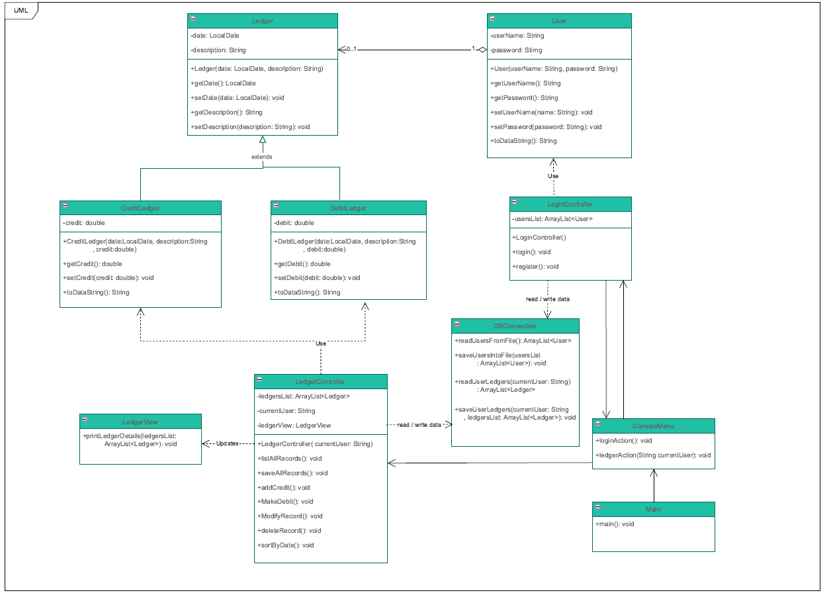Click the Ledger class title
coord(263,21)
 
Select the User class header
coord(559,21)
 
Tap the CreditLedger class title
coord(140,208)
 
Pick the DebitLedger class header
coord(348,208)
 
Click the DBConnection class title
coord(515,326)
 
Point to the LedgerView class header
coord(140,422)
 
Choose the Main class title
coord(653,509)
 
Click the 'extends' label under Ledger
coord(262,157)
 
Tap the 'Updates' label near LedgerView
coord(228,443)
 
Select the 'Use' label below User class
coord(553,176)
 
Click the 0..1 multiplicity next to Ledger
coord(351,49)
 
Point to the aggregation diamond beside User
coord(482,50)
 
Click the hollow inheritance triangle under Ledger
coord(263,140)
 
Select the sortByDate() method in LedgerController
coord(285,545)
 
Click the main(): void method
coord(615,524)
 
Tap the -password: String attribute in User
coord(516,50)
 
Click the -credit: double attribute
coord(84,223)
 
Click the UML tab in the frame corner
coord(21,10)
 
